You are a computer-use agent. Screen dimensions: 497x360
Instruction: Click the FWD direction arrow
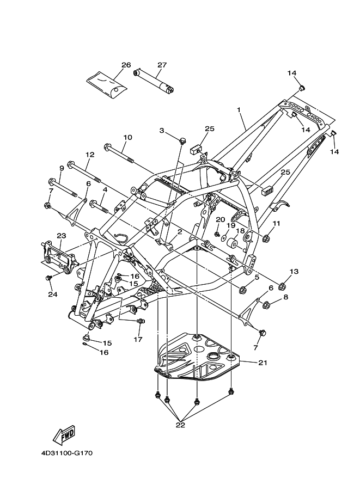pyautogui.click(x=64, y=434)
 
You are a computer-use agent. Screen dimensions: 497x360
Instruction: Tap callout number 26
pyautogui.click(x=126, y=65)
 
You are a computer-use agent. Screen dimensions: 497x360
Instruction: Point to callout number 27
pyautogui.click(x=161, y=65)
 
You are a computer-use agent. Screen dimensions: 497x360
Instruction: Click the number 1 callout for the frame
pyautogui.click(x=239, y=109)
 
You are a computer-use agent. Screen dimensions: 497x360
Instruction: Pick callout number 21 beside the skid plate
pyautogui.click(x=263, y=362)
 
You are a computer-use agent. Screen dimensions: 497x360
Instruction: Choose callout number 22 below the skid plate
pyautogui.click(x=180, y=425)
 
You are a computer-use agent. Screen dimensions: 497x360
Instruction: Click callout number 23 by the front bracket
pyautogui.click(x=61, y=236)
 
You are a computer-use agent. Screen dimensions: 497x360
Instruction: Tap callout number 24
pyautogui.click(x=52, y=294)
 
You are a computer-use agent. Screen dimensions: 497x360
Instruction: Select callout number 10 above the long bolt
pyautogui.click(x=127, y=137)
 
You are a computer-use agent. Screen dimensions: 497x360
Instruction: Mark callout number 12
pyautogui.click(x=90, y=155)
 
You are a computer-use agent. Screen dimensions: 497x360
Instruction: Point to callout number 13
pyautogui.click(x=294, y=271)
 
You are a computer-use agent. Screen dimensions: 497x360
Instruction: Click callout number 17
pyautogui.click(x=138, y=339)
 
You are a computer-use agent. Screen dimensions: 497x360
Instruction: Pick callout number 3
pyautogui.click(x=162, y=130)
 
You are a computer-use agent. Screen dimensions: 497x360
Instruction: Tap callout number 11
pyautogui.click(x=276, y=223)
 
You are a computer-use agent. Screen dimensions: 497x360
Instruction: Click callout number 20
pyautogui.click(x=220, y=219)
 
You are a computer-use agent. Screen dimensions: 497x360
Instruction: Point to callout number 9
pyautogui.click(x=62, y=168)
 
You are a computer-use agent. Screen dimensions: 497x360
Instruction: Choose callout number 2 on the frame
pyautogui.click(x=179, y=232)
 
